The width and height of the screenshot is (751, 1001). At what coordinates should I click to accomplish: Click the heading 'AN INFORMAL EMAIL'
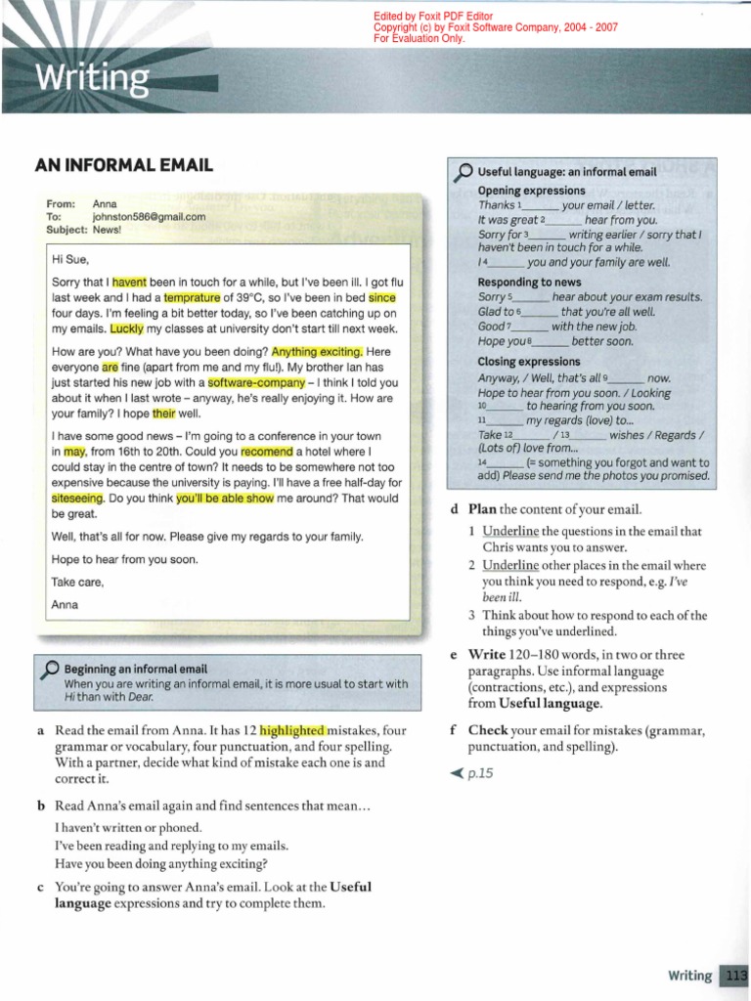tap(123, 165)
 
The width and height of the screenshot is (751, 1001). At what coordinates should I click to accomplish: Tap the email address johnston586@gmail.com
tap(149, 217)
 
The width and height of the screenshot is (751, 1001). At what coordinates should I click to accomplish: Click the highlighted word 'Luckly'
tap(126, 329)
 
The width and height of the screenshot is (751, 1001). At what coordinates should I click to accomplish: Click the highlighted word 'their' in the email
tap(163, 414)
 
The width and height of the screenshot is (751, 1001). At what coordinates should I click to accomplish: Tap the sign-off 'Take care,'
tap(76, 583)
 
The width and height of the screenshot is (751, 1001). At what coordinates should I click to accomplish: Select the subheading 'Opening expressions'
tap(531, 191)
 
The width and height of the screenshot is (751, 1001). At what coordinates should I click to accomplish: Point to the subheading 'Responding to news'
tap(528, 281)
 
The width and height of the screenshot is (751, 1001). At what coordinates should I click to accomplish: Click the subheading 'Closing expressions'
tap(528, 362)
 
